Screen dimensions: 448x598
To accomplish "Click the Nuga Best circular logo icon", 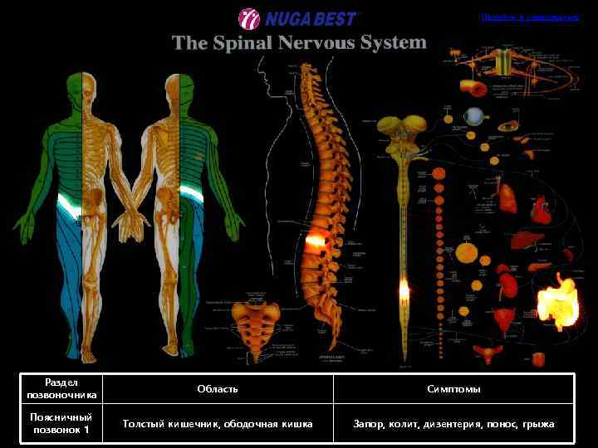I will (x=249, y=18).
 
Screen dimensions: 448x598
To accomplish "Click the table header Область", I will (x=218, y=389).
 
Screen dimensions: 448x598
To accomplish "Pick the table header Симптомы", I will (x=453, y=389).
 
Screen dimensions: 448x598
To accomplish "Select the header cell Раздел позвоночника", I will (x=62, y=389).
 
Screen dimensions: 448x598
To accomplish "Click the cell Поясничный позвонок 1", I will (x=62, y=424).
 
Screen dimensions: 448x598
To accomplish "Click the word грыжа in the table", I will (x=539, y=425).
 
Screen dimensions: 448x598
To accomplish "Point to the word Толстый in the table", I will (x=141, y=425).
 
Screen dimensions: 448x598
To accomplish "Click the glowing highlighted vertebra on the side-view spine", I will (x=316, y=241).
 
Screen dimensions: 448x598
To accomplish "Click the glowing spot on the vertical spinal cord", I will (x=404, y=290).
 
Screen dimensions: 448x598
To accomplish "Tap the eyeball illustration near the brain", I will (x=474, y=116).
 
